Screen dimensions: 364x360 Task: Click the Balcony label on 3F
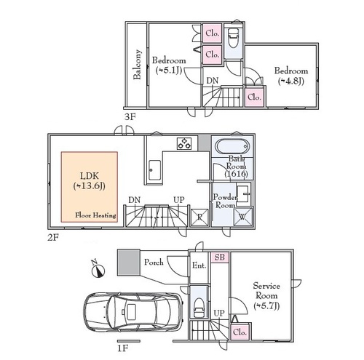tap(137, 65)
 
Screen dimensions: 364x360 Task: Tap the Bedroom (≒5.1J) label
tap(169, 65)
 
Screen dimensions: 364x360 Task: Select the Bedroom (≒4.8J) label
tap(291, 76)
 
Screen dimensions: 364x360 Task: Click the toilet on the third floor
tap(233, 38)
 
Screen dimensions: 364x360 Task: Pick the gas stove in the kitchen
tap(184, 143)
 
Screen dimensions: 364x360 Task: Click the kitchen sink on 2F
tap(154, 170)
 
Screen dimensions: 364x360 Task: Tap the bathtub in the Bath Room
tap(232, 147)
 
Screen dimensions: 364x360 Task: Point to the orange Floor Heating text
tap(95, 215)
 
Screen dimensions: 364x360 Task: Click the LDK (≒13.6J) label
tap(90, 180)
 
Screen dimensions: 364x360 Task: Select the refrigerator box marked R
tap(199, 217)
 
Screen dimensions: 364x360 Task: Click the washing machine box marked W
tap(243, 217)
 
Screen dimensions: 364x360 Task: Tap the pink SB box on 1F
tap(220, 257)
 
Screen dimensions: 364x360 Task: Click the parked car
tap(132, 312)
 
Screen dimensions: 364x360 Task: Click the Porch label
tap(154, 262)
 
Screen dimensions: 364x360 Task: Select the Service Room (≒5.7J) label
tap(266, 296)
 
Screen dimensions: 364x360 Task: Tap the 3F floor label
tap(130, 117)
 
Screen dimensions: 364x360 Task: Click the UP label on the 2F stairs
tap(179, 200)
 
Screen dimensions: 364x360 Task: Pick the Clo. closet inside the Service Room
tap(240, 332)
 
